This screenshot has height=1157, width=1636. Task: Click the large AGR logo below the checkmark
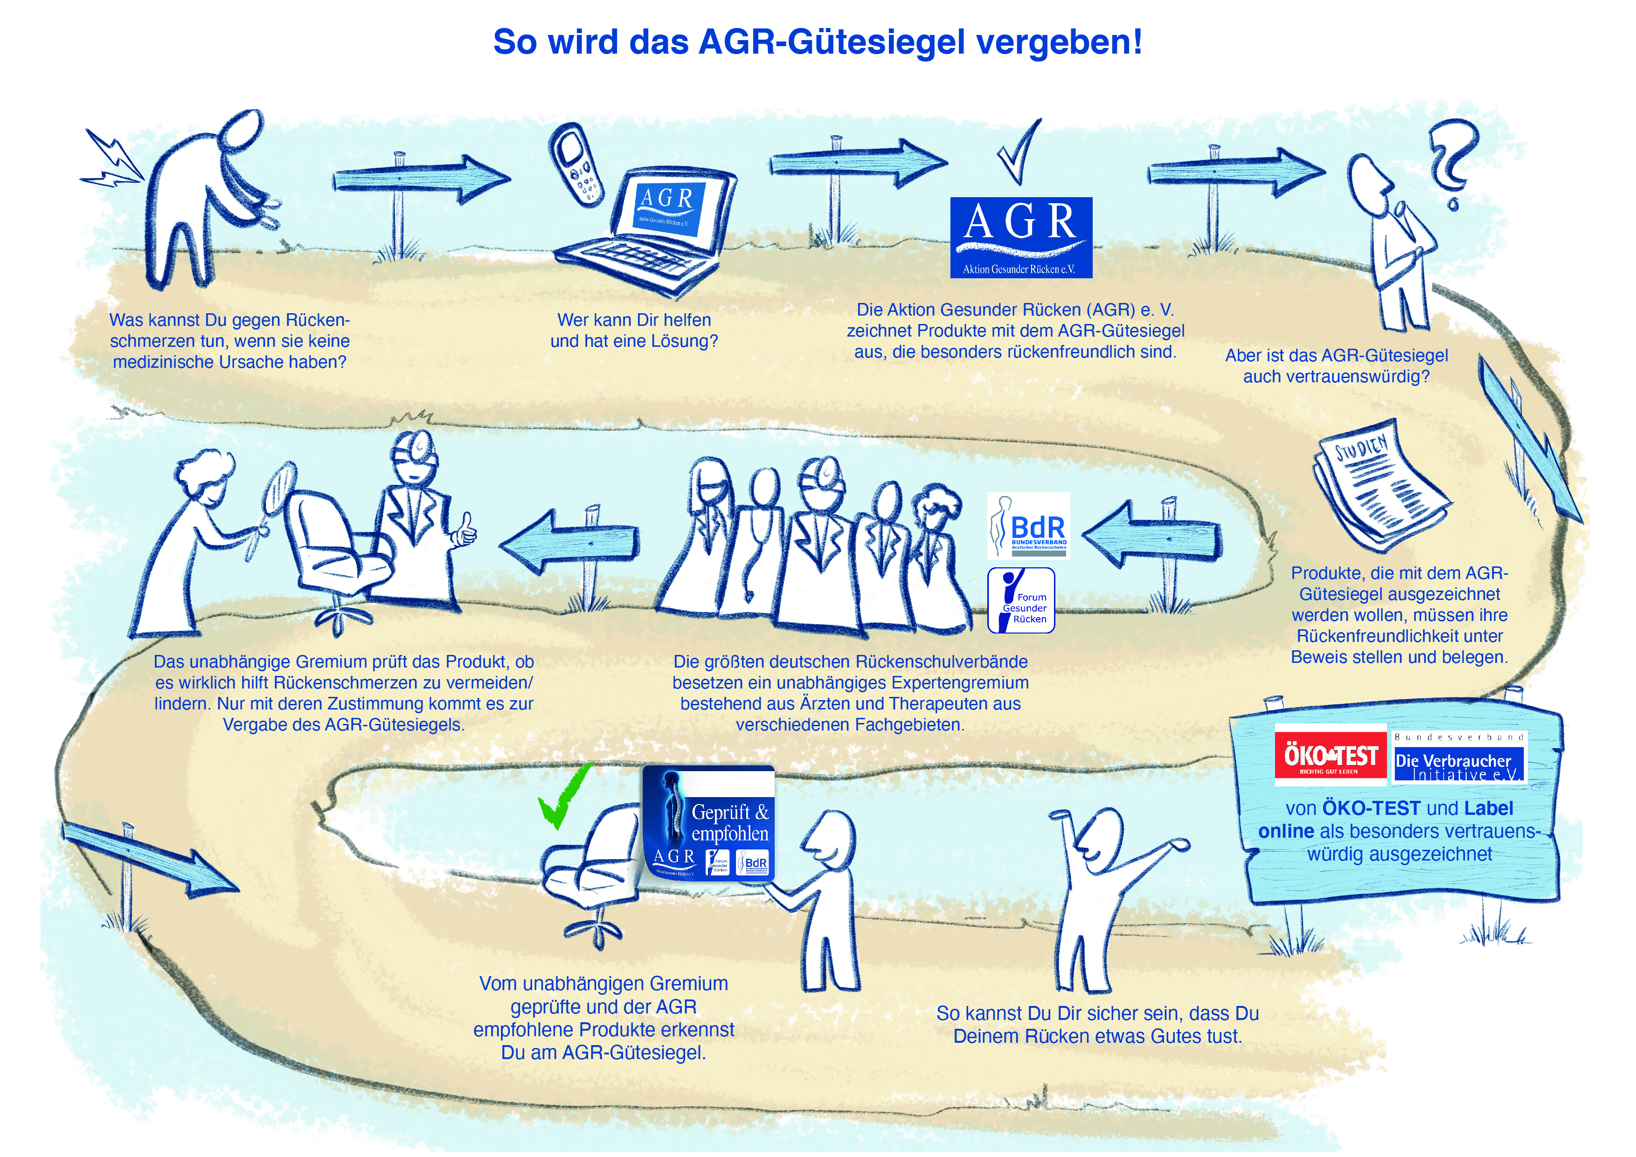(x=1020, y=237)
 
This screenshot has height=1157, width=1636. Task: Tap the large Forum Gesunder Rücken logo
(x=1020, y=600)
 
